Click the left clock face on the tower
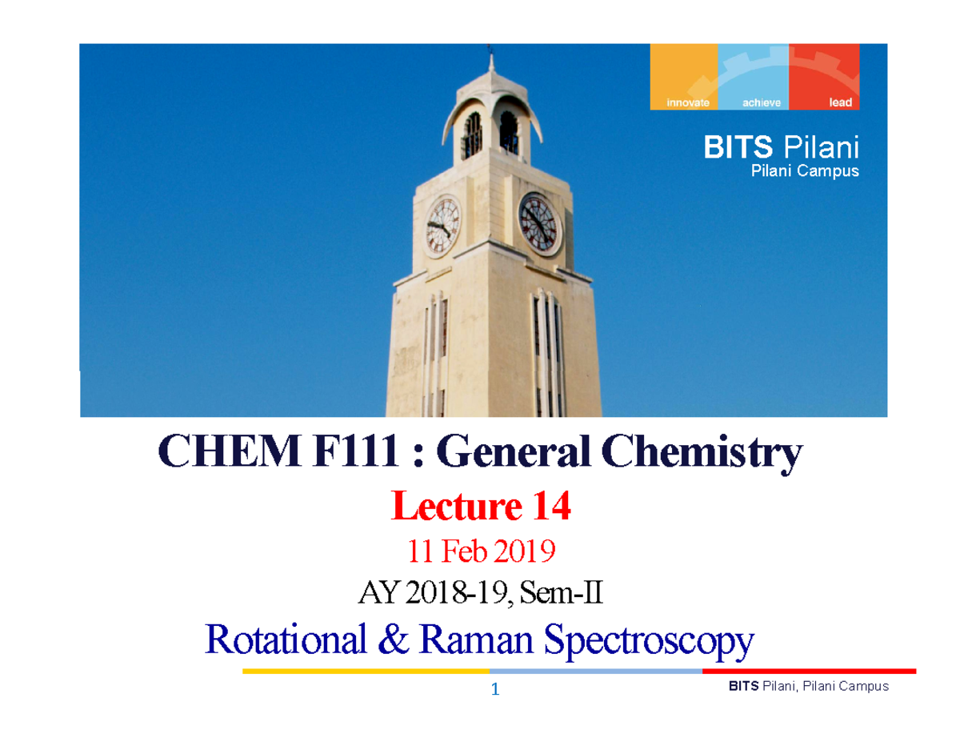tap(442, 225)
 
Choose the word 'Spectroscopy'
tap(649, 640)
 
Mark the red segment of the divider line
tap(809, 671)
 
